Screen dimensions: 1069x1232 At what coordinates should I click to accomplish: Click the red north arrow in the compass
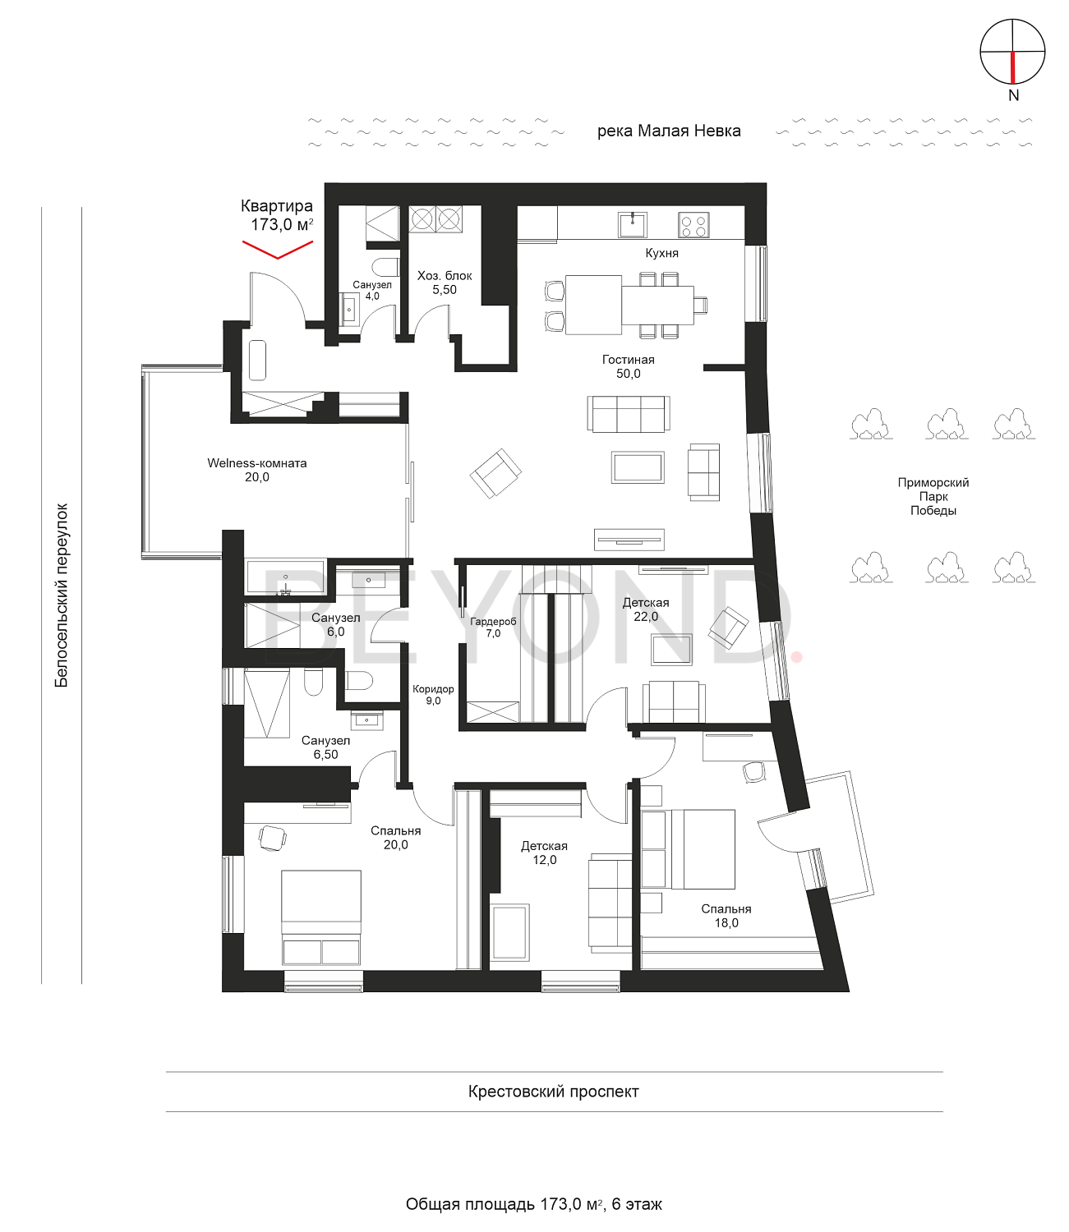tap(1012, 67)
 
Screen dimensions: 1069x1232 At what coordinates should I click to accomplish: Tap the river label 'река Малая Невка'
tap(669, 131)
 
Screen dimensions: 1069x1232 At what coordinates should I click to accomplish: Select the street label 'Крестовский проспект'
tap(553, 1091)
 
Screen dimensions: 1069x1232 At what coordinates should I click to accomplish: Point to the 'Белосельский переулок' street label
tap(62, 595)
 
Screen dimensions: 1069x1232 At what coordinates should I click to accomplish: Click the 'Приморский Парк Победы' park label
tap(933, 496)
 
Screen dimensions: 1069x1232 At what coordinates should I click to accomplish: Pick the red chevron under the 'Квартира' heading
tap(278, 250)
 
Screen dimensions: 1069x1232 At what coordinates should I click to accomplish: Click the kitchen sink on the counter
tap(633, 224)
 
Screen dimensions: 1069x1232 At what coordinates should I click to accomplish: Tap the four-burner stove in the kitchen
tap(693, 225)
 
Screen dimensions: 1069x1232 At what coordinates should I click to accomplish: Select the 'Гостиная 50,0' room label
tap(628, 366)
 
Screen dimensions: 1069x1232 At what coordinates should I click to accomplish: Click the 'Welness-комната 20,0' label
tap(257, 470)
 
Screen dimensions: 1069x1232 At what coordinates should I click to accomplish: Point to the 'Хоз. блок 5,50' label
tap(445, 283)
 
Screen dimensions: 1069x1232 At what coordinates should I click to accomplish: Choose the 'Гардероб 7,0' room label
tap(493, 627)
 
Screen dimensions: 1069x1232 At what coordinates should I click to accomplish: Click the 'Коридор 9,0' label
tap(433, 694)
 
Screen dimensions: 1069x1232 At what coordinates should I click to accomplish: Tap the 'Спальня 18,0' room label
tap(726, 916)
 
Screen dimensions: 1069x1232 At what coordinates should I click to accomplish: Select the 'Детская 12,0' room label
tap(544, 853)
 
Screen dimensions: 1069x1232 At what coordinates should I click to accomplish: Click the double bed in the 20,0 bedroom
tap(321, 917)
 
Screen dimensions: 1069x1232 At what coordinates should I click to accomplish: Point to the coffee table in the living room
tap(638, 467)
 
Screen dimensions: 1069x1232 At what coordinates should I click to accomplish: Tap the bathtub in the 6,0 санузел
tap(286, 577)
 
